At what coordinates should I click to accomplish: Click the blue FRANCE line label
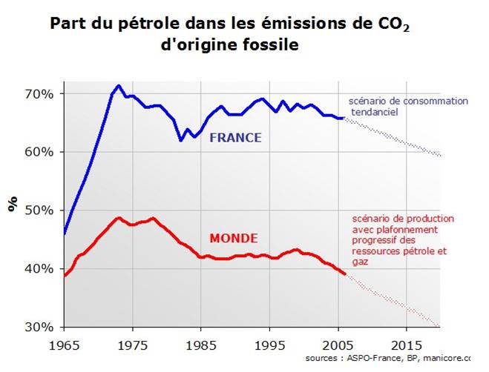pos(236,138)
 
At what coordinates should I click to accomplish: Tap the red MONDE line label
pos(233,239)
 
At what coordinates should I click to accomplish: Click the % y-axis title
pos(13,205)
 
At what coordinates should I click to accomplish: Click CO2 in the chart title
pos(395,24)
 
